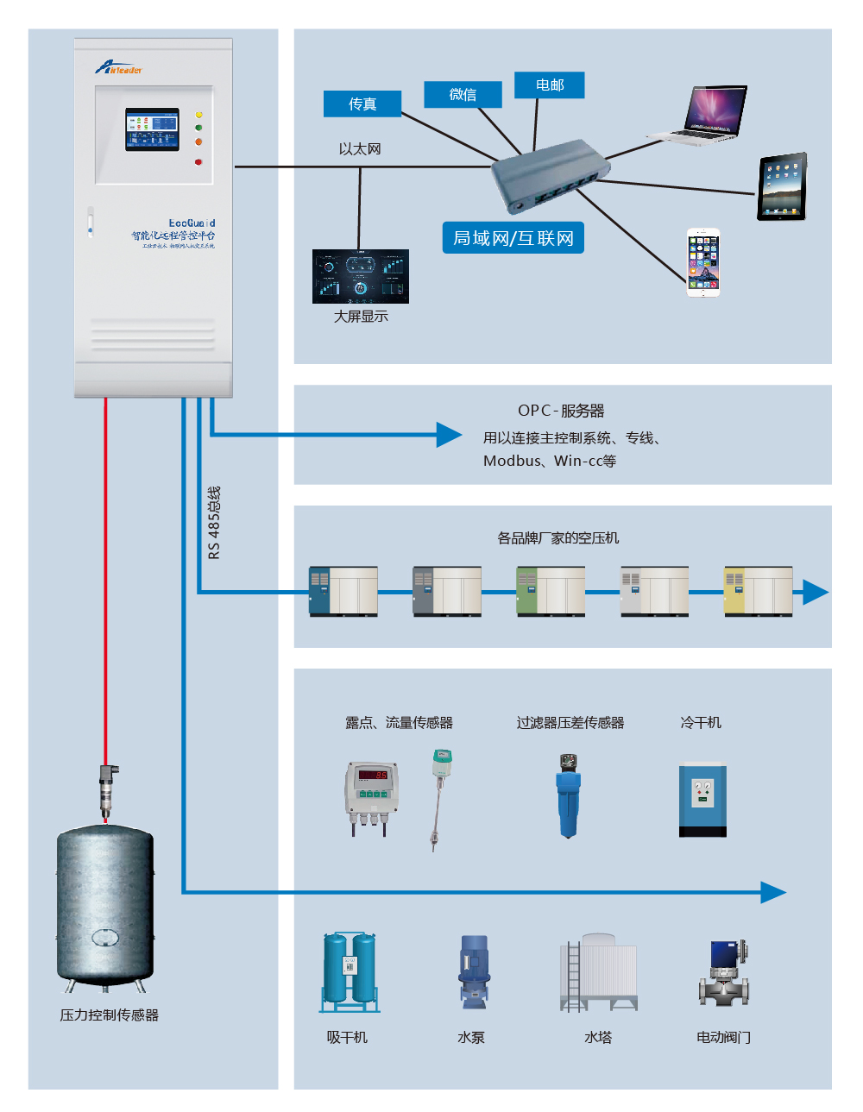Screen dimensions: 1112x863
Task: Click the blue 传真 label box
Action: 362,104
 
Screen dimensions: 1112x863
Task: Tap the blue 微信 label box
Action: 463,94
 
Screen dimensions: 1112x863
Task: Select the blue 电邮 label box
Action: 550,85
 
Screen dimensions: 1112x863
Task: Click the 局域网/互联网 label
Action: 513,238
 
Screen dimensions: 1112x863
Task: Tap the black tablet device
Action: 782,186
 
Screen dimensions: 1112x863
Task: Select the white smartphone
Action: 703,263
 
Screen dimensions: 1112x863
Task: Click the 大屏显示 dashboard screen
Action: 361,277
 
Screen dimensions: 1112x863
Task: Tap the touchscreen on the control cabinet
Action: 153,129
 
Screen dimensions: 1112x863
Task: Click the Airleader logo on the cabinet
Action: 118,67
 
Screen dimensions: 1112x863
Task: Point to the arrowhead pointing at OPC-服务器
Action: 450,435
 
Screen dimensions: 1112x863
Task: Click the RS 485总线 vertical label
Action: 215,522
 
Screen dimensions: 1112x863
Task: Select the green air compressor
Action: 551,591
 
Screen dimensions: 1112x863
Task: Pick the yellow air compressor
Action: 758,591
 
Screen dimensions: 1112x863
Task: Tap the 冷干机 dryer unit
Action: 702,800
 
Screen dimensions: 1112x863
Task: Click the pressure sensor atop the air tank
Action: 107,789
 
